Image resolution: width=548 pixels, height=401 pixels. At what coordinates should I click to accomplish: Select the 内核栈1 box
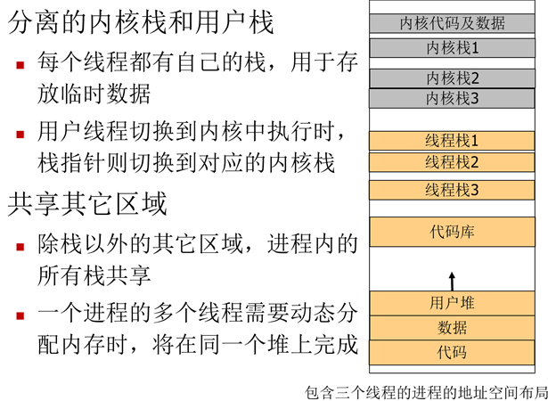coord(452,47)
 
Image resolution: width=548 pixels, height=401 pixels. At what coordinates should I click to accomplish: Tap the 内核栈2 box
coord(452,78)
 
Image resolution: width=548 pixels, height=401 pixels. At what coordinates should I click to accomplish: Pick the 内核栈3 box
coord(452,97)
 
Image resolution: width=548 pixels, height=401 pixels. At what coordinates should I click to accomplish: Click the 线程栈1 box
coord(452,141)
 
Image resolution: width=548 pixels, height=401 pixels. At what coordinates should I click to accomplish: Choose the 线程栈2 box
coord(452,161)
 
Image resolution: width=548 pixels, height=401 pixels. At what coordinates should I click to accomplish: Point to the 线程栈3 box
coord(452,190)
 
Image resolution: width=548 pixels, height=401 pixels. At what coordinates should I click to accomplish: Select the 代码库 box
coord(452,232)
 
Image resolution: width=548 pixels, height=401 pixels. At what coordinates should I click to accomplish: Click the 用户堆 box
coord(452,303)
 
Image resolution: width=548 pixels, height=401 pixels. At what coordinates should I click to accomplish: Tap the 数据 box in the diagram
coord(452,327)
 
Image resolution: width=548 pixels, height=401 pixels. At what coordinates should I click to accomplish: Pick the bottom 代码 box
coord(452,351)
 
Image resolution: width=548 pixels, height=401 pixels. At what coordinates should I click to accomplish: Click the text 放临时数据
coord(94,93)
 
